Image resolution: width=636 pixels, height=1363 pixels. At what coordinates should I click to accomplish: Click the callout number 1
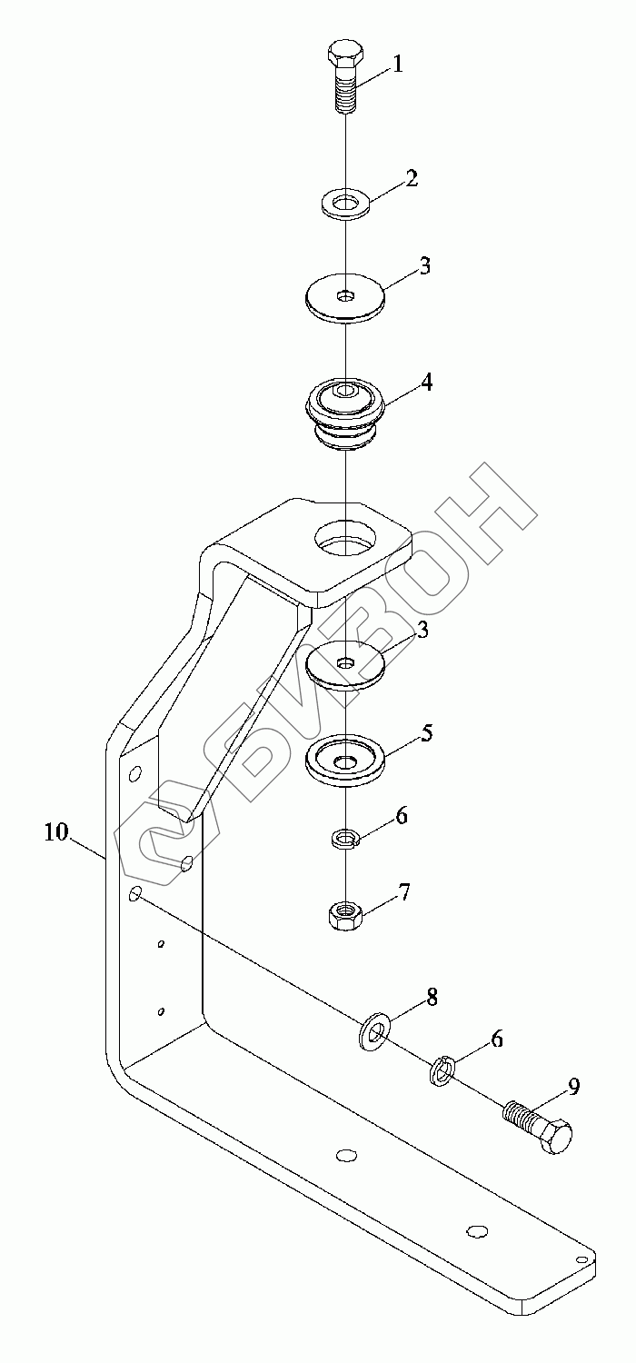(397, 64)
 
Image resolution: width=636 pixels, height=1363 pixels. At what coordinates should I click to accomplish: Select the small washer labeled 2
(344, 203)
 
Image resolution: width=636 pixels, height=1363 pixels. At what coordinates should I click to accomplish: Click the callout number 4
(425, 383)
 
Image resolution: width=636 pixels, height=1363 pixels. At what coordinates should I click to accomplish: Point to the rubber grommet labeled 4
(345, 410)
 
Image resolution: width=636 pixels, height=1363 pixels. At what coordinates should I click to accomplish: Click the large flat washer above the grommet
(345, 297)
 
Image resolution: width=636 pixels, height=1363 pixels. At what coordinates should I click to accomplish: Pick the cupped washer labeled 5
(344, 761)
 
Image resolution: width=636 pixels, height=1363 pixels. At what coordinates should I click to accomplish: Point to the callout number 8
(432, 997)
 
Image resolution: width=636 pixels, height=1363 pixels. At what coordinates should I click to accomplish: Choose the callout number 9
(574, 1086)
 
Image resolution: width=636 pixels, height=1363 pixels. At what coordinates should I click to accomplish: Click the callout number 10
(56, 831)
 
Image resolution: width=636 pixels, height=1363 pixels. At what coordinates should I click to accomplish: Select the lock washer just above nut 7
(344, 836)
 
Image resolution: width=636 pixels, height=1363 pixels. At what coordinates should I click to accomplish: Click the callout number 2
(412, 178)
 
